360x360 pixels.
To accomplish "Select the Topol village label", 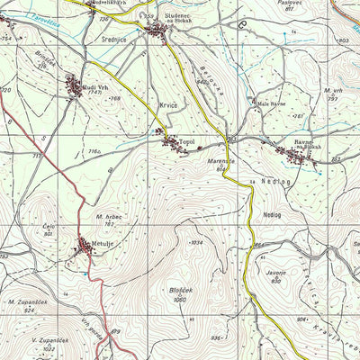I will pyautogui.click(x=186, y=140).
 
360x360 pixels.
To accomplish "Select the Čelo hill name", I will pyautogui.click(x=49, y=228).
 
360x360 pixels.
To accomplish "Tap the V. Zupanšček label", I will pyautogui.click(x=45, y=341).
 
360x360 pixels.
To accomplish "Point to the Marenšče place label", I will pyautogui.click(x=222, y=162).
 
